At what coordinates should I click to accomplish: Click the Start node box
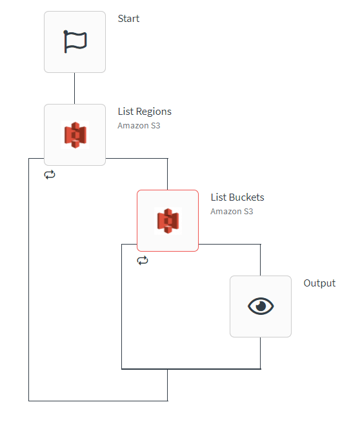click(75, 42)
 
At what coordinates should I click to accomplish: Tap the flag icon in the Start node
click(75, 41)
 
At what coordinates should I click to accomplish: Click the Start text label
click(128, 19)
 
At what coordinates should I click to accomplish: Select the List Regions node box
click(75, 135)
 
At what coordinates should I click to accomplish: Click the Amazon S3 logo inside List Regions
click(75, 135)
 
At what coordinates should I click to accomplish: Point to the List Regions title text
click(145, 112)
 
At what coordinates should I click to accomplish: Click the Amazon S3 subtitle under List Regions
click(139, 126)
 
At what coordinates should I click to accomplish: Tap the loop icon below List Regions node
click(50, 175)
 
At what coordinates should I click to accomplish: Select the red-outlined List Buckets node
click(168, 221)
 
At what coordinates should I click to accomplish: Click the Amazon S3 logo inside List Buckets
click(168, 221)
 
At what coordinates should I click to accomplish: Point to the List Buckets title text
click(237, 197)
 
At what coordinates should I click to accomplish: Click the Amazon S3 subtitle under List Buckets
click(232, 212)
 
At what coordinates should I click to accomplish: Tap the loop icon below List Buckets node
click(143, 261)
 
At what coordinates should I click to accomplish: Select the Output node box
click(261, 306)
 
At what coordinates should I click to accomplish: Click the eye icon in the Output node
click(261, 306)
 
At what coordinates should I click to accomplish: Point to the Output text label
click(319, 283)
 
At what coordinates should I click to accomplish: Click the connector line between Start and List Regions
click(75, 88)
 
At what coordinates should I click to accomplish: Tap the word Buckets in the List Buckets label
click(246, 197)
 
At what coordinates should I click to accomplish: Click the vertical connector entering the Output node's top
click(261, 260)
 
